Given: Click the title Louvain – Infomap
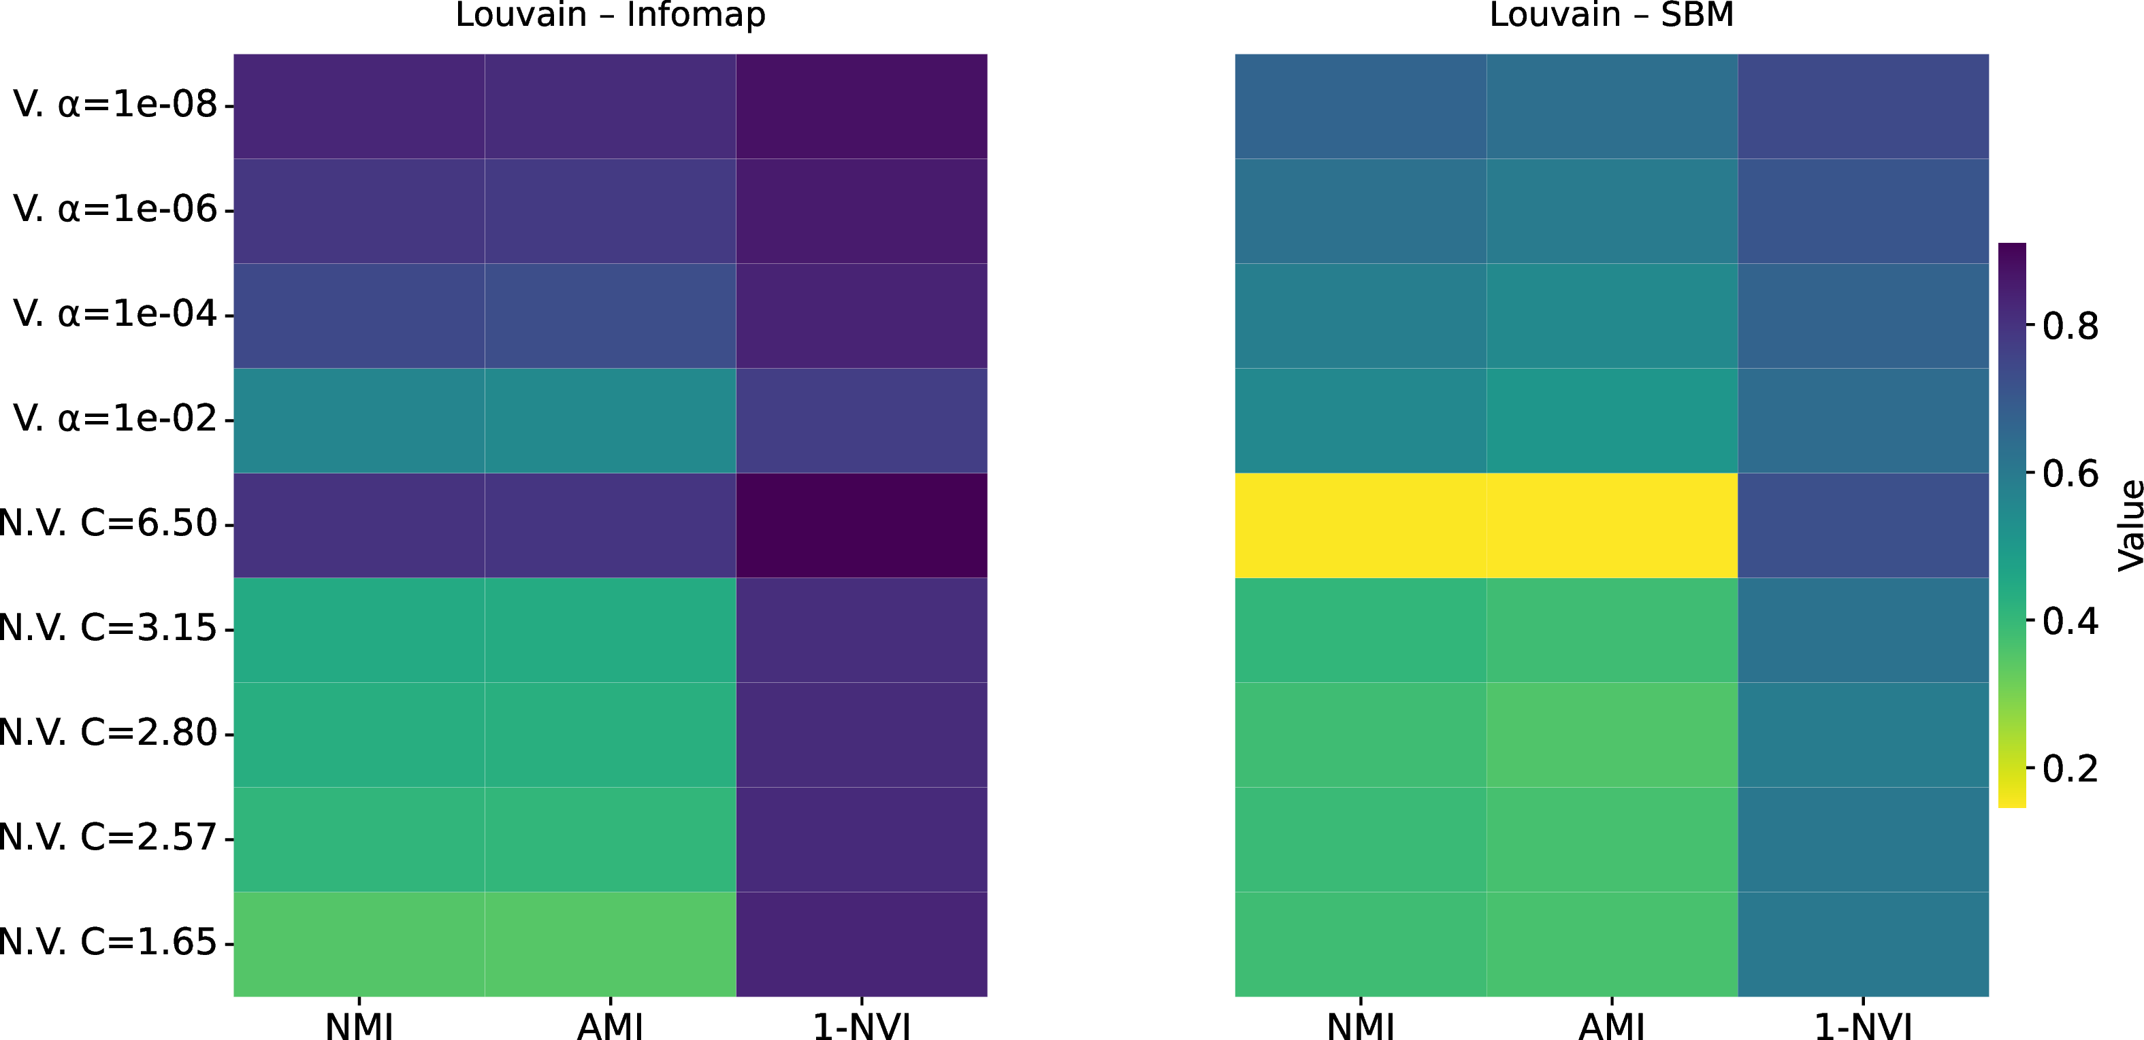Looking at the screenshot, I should coord(610,15).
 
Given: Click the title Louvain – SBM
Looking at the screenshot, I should coord(1611,15).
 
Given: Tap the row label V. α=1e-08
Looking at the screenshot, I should coord(115,105).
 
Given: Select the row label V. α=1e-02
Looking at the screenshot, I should coord(115,418).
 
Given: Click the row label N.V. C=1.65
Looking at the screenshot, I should coord(108,943).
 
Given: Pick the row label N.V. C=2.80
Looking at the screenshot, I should coord(108,733).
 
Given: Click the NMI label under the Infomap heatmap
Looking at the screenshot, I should coord(359,1026).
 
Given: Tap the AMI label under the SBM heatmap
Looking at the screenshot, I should coord(1611,1026).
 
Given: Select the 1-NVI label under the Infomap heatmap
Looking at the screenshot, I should coord(862,1026).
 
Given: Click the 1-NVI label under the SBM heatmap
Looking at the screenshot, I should coord(1863,1026).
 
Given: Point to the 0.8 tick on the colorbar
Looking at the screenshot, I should coord(2070,326).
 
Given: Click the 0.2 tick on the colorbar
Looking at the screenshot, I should coord(2070,769).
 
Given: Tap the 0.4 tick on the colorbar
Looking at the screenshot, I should coord(2070,622).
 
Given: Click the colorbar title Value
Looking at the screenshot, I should coord(2129,525).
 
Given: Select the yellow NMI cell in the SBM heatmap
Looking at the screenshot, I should coord(1360,525).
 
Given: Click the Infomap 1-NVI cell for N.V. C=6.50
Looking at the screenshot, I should coord(862,525).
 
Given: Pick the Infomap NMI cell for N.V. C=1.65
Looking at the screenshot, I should coord(359,943).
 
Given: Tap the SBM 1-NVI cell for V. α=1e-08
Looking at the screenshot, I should coord(1863,107).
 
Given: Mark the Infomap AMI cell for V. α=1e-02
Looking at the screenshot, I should coord(610,420).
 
